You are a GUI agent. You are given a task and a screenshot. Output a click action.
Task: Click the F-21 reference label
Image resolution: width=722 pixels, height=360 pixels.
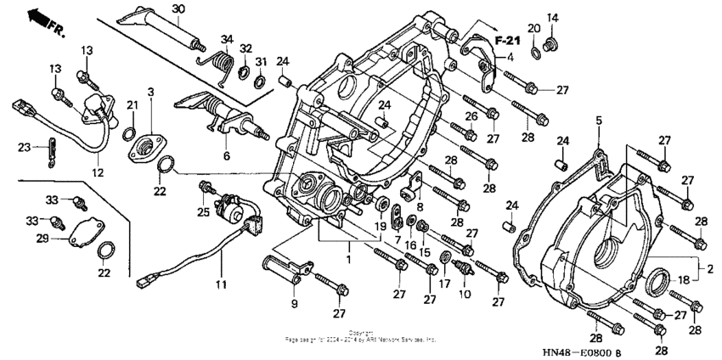pos(507,41)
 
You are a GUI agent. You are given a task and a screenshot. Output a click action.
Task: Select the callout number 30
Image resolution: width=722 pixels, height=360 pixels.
pos(178,8)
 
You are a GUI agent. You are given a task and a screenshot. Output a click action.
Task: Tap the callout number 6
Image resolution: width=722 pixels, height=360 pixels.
pos(226,156)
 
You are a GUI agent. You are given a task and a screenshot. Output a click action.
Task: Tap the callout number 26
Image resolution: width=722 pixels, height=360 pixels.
pos(468,116)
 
